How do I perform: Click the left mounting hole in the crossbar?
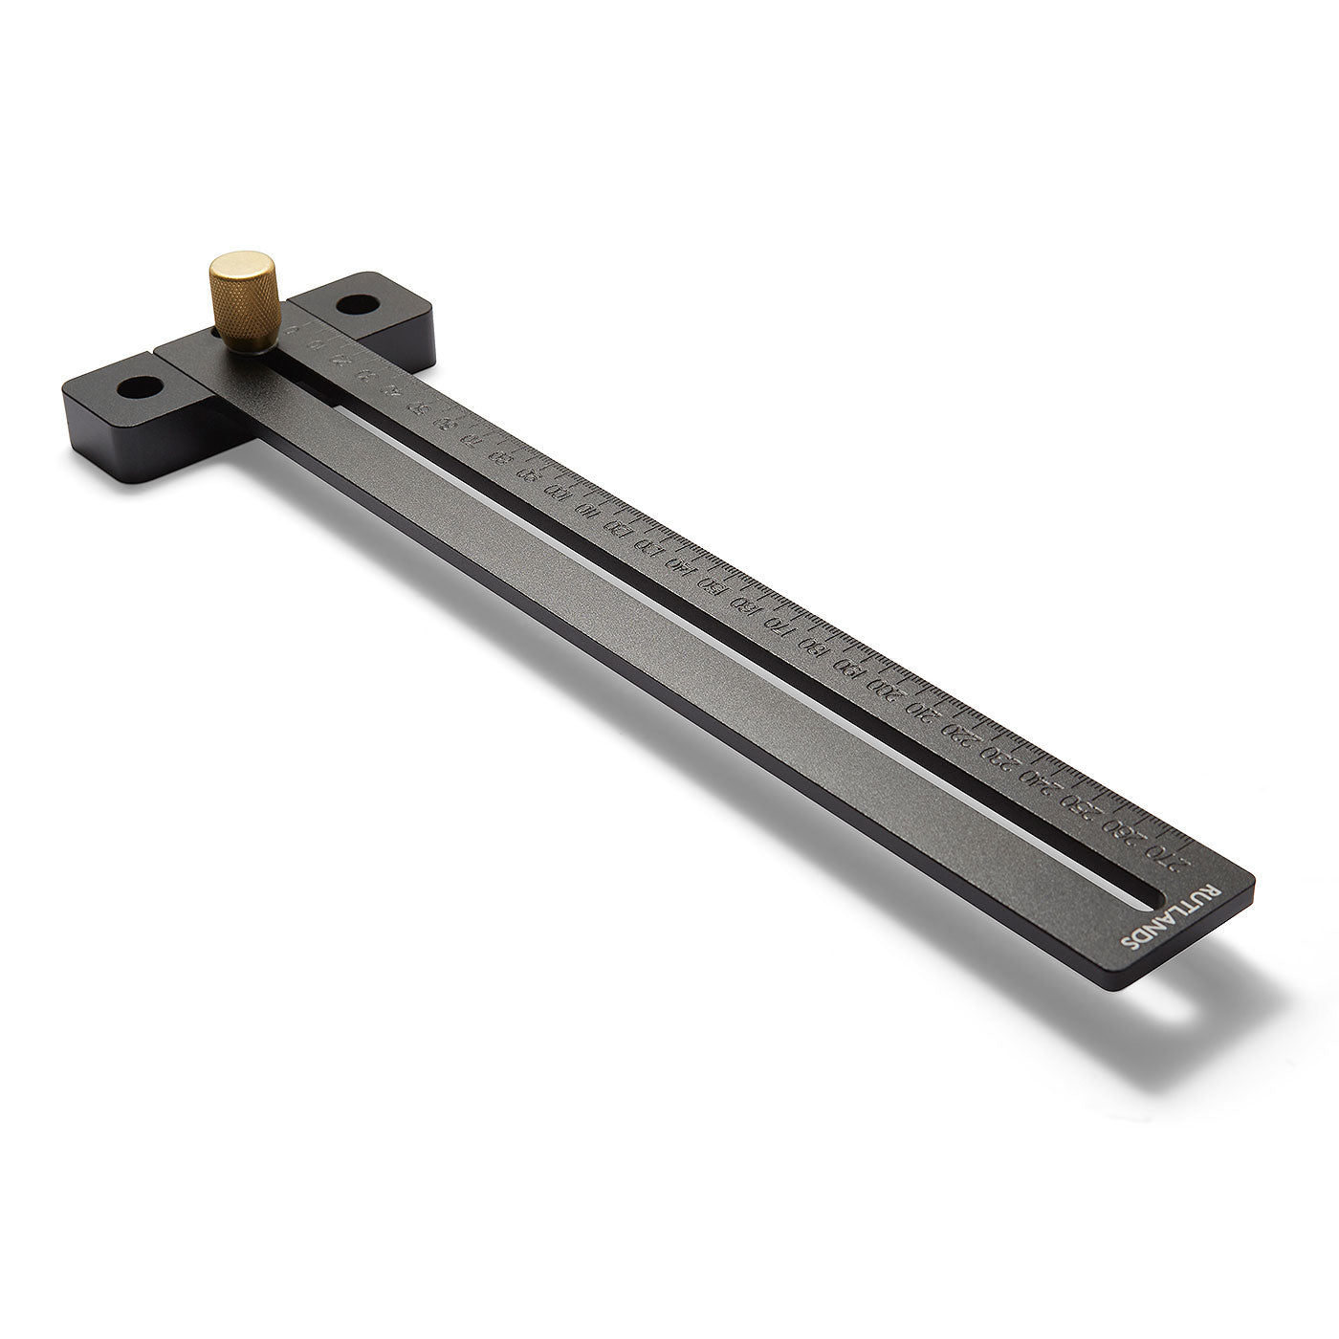140,390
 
